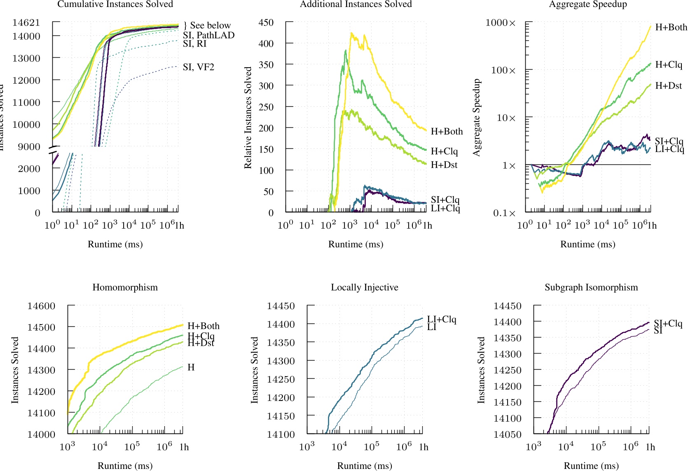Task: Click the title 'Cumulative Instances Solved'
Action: click(x=115, y=4)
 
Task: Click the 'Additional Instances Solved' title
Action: click(x=356, y=4)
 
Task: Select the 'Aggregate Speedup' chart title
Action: click(x=588, y=4)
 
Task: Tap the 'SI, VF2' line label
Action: click(x=199, y=67)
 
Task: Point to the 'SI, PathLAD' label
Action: click(x=208, y=35)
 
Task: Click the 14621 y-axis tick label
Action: click(x=26, y=23)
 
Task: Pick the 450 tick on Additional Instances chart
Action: click(x=266, y=23)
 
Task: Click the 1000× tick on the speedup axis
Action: click(x=501, y=23)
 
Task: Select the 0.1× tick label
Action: click(x=504, y=213)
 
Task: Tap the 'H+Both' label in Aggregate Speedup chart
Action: click(x=671, y=27)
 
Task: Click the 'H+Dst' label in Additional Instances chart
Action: click(x=444, y=165)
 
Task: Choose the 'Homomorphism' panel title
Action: click(x=125, y=287)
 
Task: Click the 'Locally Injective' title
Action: click(x=365, y=287)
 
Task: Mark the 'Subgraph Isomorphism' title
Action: click(x=591, y=287)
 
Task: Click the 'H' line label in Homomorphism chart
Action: click(x=191, y=367)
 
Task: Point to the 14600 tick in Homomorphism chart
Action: click(x=41, y=306)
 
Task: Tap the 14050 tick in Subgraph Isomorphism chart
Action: click(x=508, y=434)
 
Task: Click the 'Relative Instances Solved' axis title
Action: click(x=248, y=117)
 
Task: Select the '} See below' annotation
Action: click(x=207, y=26)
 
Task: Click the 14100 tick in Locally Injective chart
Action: click(x=281, y=434)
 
